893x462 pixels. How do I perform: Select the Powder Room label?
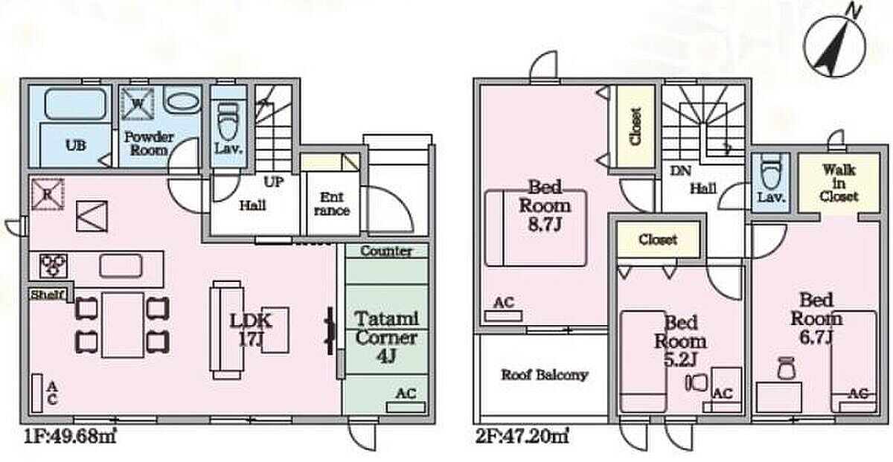(149, 143)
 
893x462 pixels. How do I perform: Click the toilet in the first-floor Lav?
(228, 118)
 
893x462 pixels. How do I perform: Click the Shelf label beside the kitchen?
(49, 295)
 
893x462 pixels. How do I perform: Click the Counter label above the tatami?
(385, 251)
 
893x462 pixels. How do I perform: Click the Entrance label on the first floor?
(331, 204)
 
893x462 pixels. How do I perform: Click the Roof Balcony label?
(544, 374)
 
